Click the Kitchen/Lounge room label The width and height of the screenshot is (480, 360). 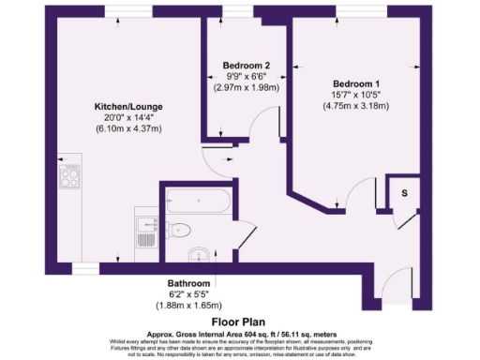pos(127,107)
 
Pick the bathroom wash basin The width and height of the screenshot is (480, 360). pos(197,255)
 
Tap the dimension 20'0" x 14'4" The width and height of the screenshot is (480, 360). pos(127,118)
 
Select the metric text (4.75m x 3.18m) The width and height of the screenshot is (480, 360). pos(352,105)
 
